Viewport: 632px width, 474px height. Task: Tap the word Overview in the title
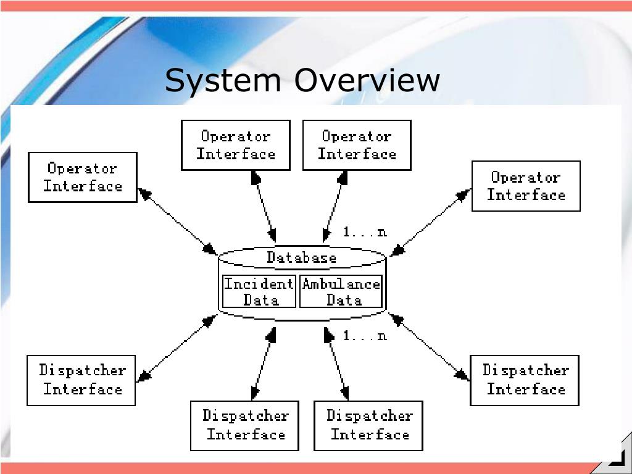point(367,80)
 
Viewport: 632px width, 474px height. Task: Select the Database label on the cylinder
point(302,257)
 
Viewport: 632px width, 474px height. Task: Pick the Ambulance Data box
point(341,292)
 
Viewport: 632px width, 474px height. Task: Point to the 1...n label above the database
point(365,232)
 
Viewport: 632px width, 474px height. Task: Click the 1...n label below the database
point(365,336)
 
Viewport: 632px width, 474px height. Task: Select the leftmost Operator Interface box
point(83,177)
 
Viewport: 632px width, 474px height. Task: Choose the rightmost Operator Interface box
point(526,186)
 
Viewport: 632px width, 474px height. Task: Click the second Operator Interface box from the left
point(235,145)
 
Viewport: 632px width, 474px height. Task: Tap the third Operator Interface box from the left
point(357,145)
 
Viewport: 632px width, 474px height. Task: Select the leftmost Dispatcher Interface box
point(81,380)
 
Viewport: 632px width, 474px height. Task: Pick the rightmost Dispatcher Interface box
point(525,380)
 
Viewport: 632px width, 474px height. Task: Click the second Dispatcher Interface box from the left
point(245,425)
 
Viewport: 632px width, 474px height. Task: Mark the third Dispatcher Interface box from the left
point(369,425)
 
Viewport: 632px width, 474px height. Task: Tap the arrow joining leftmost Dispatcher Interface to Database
point(177,348)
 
